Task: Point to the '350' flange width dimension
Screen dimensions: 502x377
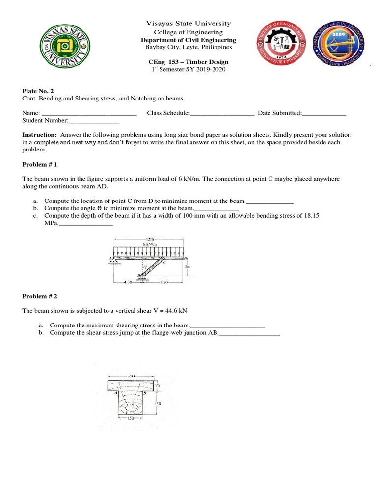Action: (131, 376)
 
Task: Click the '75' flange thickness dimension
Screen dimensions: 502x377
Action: (158, 386)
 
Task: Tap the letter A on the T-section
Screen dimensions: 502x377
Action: (116, 393)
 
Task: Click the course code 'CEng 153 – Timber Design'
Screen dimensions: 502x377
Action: (188, 62)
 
